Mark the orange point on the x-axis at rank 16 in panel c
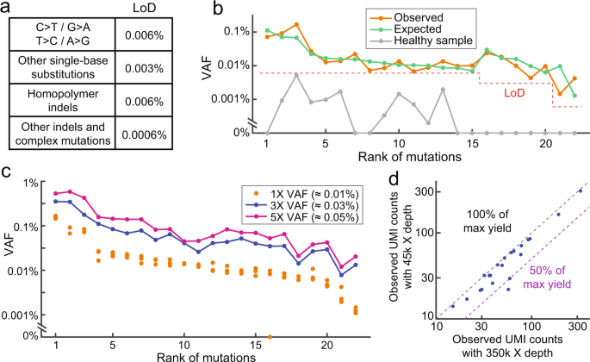(271, 336)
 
